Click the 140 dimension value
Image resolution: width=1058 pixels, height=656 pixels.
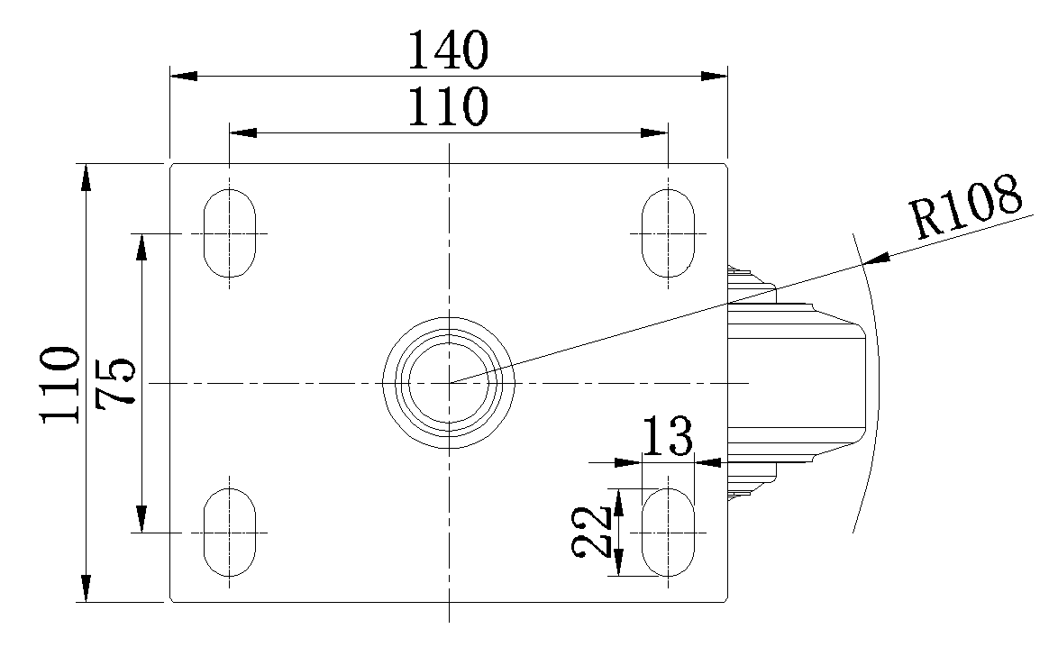pyautogui.click(x=448, y=50)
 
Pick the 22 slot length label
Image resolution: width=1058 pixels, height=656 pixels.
pyautogui.click(x=592, y=532)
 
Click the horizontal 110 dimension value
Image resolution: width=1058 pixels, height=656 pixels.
pyautogui.click(x=448, y=106)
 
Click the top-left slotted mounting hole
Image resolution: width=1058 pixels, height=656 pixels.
pyautogui.click(x=230, y=233)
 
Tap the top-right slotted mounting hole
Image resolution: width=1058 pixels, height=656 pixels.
pyautogui.click(x=668, y=233)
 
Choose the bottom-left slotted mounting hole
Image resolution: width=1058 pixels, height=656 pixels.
pyautogui.click(x=230, y=533)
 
